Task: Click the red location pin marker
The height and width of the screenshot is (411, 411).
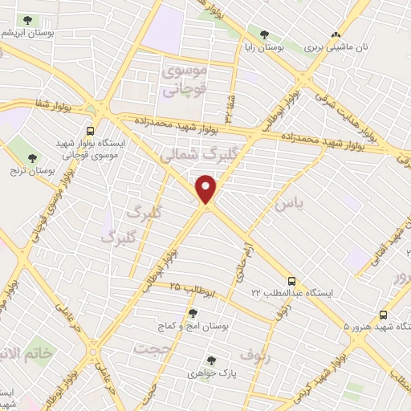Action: [x=207, y=189]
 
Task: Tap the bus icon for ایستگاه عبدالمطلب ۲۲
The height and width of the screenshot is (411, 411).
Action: [x=291, y=281]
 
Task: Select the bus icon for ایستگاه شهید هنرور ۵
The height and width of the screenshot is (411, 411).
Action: [x=383, y=315]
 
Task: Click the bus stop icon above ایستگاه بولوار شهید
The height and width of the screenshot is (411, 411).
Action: [x=90, y=131]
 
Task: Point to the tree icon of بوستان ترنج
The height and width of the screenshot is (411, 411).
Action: [x=32, y=157]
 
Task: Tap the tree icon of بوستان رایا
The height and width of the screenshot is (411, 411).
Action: [x=263, y=34]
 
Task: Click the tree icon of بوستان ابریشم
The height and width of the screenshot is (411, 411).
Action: [x=27, y=19]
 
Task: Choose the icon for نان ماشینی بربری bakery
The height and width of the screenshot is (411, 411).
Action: [x=336, y=35]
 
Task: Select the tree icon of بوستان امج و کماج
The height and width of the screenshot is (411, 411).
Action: [x=192, y=314]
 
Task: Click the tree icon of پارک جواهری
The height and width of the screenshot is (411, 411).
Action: [x=211, y=361]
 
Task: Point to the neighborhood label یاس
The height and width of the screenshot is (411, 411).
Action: [x=289, y=205]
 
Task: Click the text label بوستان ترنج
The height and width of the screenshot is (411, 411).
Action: [x=32, y=170]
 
